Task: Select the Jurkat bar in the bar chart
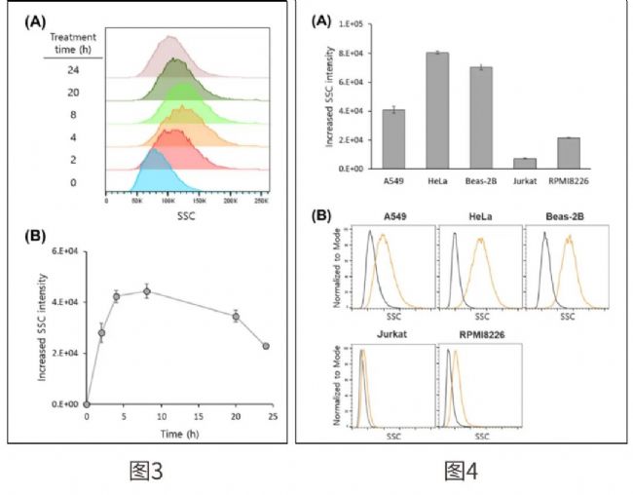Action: (x=526, y=164)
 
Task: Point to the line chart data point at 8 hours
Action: (x=147, y=290)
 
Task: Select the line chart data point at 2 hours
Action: (x=101, y=333)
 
